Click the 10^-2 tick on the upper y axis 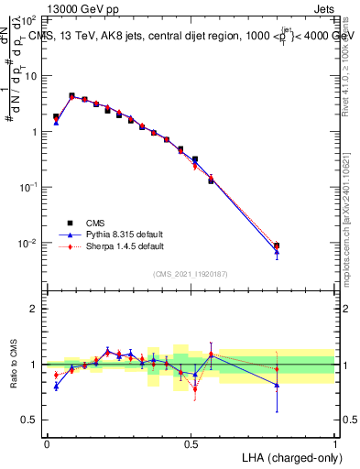point(29,243)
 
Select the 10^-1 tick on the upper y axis point(29,187)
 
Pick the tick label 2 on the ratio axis point(35,309)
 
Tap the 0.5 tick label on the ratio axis point(31,420)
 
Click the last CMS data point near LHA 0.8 point(277,245)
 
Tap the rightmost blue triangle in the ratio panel point(277,386)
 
